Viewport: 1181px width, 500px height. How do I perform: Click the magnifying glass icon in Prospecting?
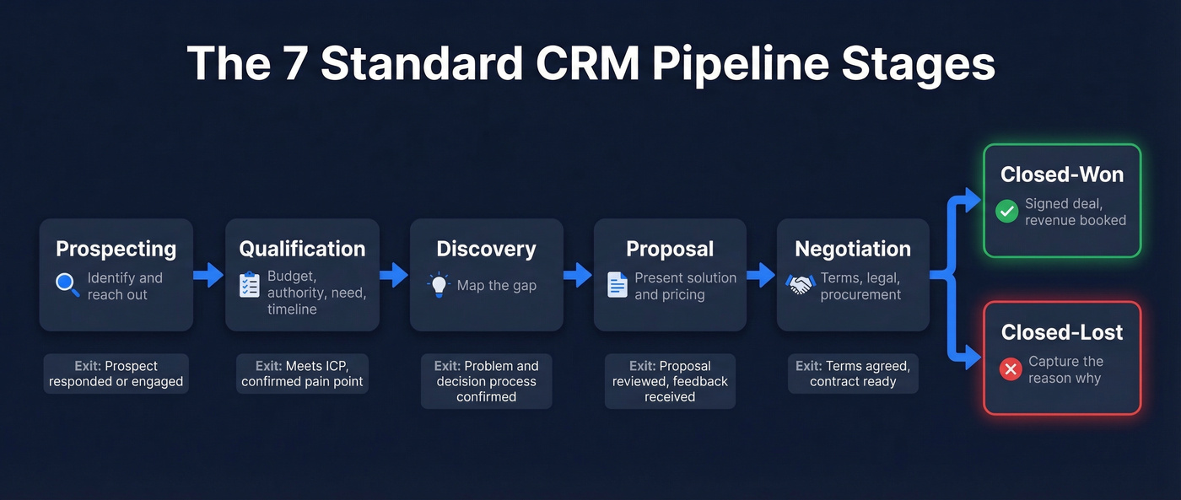tap(67, 285)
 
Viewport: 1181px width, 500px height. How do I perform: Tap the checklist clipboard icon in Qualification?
tap(250, 285)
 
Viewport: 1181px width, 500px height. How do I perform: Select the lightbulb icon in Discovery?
tap(439, 285)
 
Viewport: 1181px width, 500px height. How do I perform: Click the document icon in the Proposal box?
tap(617, 285)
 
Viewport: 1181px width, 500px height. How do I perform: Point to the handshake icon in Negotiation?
tap(801, 285)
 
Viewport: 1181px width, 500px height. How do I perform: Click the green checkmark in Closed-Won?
tap(1006, 211)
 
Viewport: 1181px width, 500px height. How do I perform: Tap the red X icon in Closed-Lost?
tap(1010, 368)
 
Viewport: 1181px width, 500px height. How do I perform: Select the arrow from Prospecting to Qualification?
tap(208, 275)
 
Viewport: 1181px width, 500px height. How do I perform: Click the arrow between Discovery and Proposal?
tap(578, 275)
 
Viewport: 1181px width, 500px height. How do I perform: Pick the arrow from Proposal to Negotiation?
tap(761, 275)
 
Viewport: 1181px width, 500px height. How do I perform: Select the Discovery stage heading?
tap(486, 249)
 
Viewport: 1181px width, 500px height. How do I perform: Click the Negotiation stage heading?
tap(853, 249)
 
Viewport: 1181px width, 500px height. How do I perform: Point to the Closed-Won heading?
tap(1062, 175)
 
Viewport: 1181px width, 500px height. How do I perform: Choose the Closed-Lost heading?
tap(1062, 332)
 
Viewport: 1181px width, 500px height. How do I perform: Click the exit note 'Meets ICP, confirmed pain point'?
tap(302, 374)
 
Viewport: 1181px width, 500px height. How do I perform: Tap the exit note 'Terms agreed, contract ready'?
tap(853, 374)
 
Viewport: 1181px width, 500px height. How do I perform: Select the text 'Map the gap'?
tap(496, 286)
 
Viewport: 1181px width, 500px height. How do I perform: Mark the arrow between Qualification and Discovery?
tap(393, 275)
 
